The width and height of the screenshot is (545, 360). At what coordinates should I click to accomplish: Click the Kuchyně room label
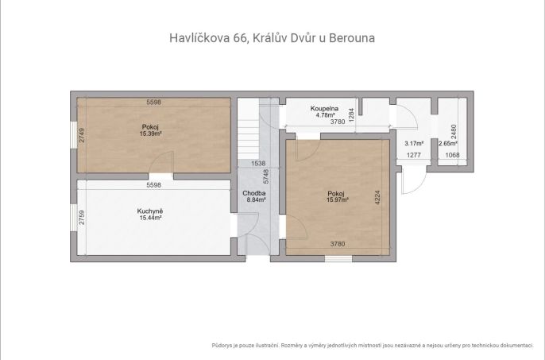[150, 211]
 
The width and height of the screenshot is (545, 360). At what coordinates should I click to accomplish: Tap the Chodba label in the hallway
[254, 193]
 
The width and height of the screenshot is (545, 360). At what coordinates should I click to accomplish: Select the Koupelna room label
[324, 109]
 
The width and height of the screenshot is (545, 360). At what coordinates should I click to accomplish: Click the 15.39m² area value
[150, 134]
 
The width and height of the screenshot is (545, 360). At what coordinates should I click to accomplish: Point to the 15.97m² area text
[338, 199]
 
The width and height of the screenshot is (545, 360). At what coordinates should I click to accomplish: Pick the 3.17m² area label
[414, 143]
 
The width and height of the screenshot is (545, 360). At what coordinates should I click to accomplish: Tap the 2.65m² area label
[448, 143]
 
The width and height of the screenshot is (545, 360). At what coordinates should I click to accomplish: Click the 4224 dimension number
[378, 197]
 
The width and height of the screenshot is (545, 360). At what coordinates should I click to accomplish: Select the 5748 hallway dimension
[266, 176]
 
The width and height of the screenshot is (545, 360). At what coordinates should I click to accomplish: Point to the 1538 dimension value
[258, 163]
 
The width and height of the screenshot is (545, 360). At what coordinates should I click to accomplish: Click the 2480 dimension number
[454, 132]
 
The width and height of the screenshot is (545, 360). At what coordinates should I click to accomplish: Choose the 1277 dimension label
[414, 155]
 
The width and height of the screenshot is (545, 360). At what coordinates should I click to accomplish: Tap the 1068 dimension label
[453, 155]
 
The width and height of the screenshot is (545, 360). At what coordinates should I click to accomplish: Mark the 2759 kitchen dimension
[82, 218]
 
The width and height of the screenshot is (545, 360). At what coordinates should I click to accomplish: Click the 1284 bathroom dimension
[351, 114]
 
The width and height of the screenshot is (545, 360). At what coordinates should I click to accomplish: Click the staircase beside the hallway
[248, 129]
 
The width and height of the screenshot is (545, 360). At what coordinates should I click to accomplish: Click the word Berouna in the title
[352, 38]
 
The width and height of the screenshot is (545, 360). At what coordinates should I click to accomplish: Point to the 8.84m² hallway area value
[257, 199]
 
